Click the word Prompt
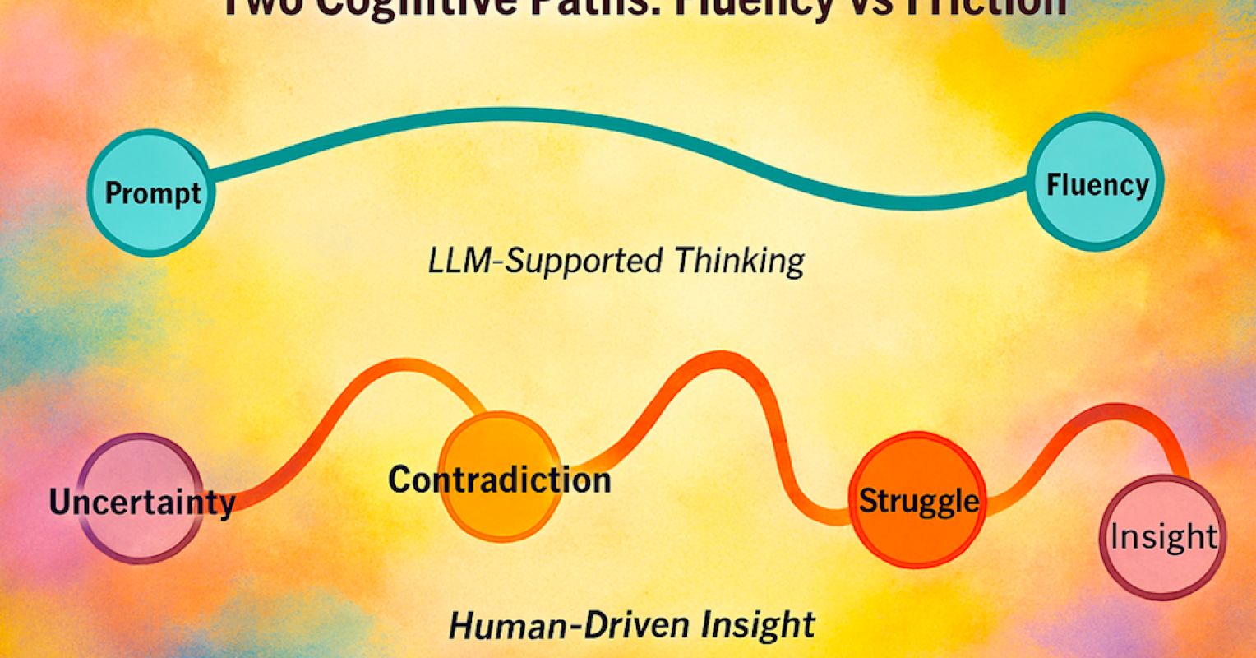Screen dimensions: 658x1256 pos(153,194)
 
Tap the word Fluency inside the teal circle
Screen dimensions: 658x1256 pos(1097,185)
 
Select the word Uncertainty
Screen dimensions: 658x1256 pos(141,502)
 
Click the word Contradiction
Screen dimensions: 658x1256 pos(500,480)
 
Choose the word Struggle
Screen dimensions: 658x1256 pos(919,500)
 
